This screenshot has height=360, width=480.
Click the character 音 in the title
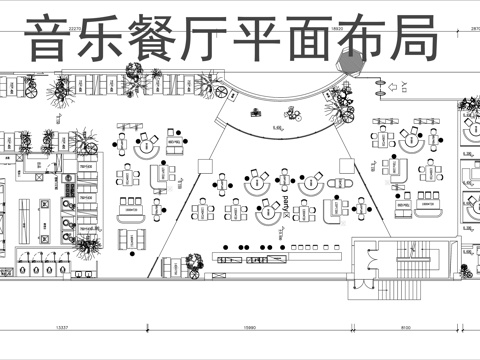(x=50, y=39)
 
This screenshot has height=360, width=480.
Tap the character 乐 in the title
(x=103, y=39)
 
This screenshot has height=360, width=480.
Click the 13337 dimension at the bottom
(x=61, y=327)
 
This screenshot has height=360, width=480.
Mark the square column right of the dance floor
(x=347, y=163)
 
